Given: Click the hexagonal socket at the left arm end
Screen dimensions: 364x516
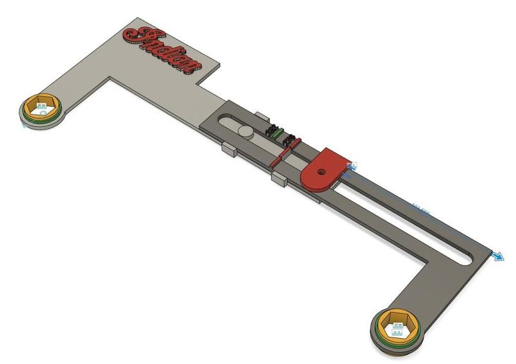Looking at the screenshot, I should coord(42,106).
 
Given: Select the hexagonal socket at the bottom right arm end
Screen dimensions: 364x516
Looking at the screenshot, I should coord(398,325).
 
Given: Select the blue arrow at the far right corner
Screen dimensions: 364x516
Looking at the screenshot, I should coord(499,256).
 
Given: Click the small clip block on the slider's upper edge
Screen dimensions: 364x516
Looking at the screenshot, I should coord(261,115).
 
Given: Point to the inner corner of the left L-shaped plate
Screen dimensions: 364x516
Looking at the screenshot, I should coord(112,79).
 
